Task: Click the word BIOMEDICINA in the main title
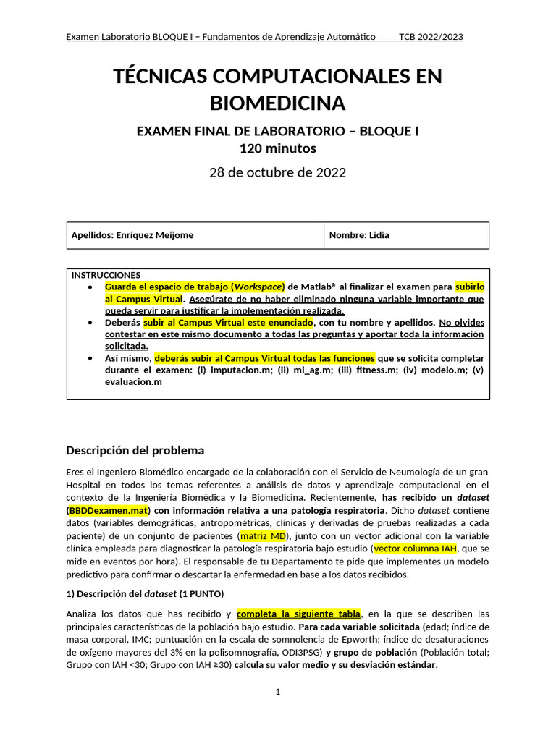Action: click(277, 103)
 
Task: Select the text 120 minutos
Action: click(277, 148)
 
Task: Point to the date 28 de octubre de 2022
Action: click(277, 172)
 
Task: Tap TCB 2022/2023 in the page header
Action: click(431, 37)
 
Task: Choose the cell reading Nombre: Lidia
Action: click(359, 235)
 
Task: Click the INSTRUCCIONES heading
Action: click(106, 275)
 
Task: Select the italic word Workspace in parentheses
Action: click(257, 286)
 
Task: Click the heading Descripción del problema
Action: click(135, 450)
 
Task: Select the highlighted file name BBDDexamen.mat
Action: click(108, 510)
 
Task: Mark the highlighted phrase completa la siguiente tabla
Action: click(298, 614)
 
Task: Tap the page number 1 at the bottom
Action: click(277, 692)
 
